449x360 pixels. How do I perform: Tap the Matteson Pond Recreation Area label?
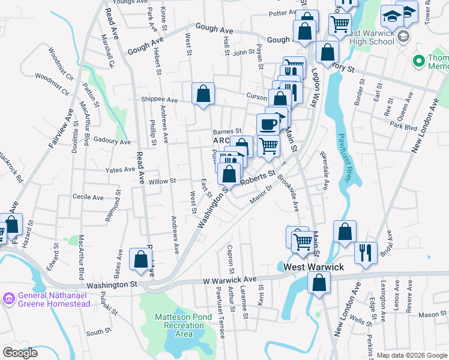(x=180, y=325)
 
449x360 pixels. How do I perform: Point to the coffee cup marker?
(x=268, y=125)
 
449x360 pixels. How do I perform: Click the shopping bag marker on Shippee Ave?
(x=203, y=94)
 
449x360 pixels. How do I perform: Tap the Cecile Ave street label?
(x=88, y=197)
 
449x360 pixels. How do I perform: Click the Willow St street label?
(x=162, y=181)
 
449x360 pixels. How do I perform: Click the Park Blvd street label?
(x=403, y=127)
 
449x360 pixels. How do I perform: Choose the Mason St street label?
(x=433, y=314)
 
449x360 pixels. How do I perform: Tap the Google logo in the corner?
(x=20, y=353)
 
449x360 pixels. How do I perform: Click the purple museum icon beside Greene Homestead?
(x=9, y=299)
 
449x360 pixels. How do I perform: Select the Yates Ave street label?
(x=120, y=170)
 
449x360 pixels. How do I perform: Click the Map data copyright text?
(x=412, y=356)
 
